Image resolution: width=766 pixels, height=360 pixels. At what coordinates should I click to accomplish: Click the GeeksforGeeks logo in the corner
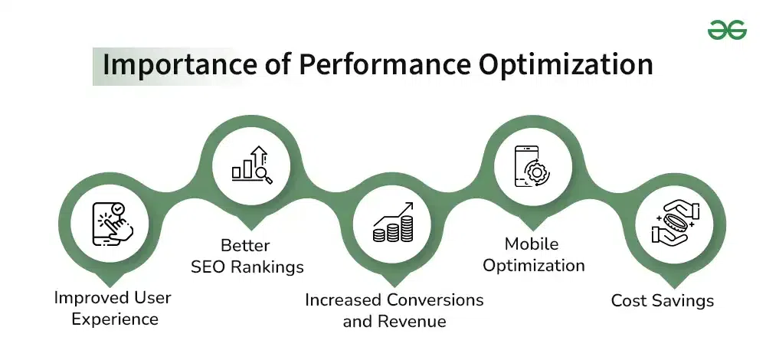727,30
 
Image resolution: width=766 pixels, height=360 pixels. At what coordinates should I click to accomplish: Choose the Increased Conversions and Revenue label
394,310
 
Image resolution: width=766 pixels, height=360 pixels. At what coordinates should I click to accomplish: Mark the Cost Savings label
662,300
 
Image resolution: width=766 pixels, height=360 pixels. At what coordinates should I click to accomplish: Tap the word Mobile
532,244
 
